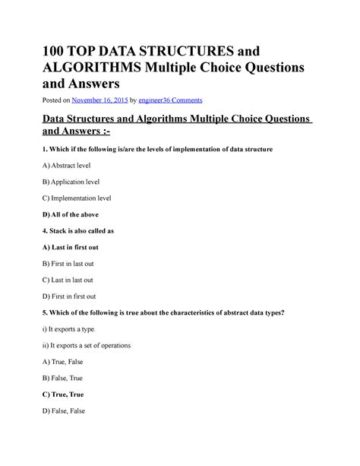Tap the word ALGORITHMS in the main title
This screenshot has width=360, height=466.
coord(113,68)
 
